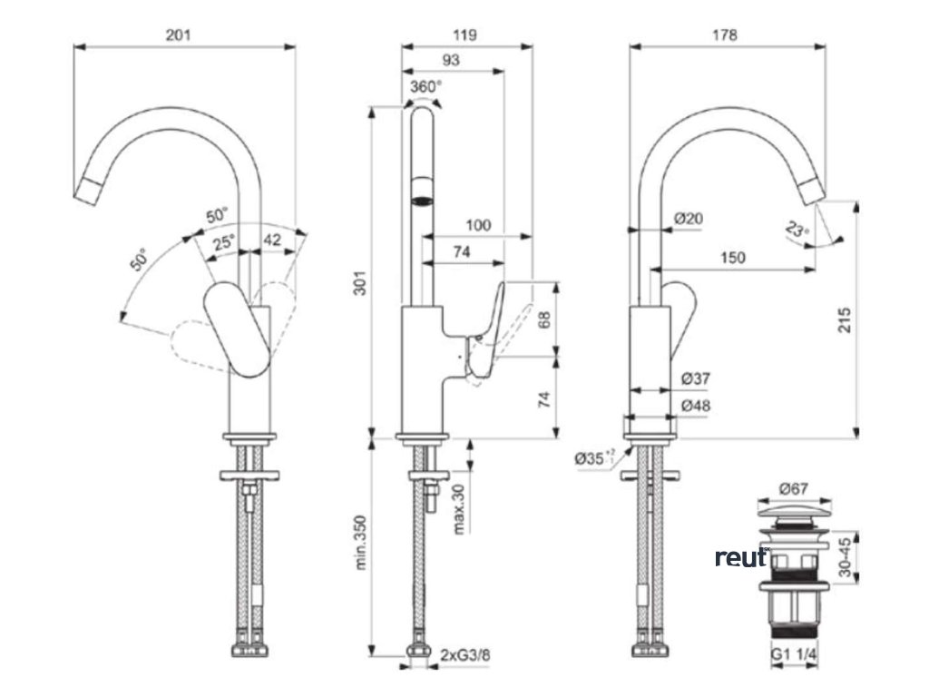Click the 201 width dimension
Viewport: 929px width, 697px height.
(179, 34)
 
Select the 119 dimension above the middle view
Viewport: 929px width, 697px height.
(464, 34)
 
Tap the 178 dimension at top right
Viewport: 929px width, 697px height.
(725, 34)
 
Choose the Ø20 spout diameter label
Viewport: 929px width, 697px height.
(689, 218)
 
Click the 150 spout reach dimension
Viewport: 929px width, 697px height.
(733, 258)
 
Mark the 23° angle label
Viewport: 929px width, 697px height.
(797, 231)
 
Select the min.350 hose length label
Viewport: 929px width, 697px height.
(361, 545)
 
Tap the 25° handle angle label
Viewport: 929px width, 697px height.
(223, 242)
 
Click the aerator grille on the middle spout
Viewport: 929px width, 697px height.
(422, 190)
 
